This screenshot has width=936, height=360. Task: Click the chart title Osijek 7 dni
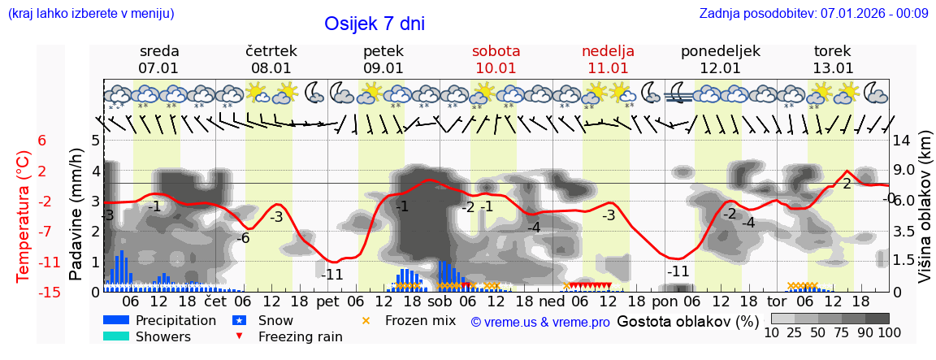coord(374,24)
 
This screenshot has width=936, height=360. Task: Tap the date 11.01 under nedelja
coord(608,68)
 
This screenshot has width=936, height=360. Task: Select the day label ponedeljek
coord(720,51)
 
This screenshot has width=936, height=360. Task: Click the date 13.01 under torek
coord(833,68)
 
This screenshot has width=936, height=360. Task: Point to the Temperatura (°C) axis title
coord(24,216)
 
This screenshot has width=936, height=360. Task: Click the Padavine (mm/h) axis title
coord(76,215)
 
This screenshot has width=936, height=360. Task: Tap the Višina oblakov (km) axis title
coord(924,216)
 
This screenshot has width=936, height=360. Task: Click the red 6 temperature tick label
coord(42,141)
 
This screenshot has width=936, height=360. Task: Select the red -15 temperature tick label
coord(49,293)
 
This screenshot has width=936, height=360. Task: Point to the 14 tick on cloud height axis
coord(902,140)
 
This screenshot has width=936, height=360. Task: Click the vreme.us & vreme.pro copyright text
coord(540,322)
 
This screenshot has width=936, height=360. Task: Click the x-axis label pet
coord(327,301)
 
